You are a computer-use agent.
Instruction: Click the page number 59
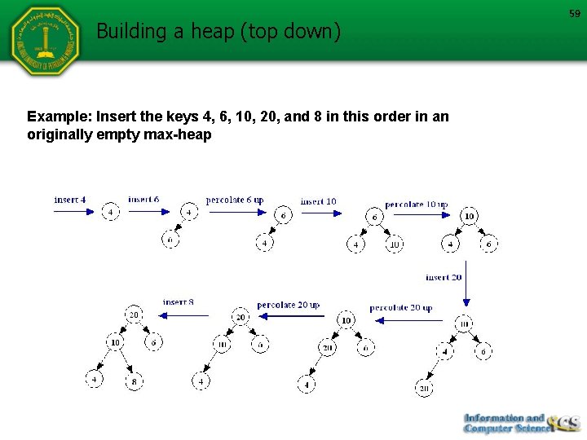pyautogui.click(x=573, y=13)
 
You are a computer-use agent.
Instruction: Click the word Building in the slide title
pyautogui.click(x=129, y=32)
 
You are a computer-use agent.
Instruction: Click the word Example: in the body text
pyautogui.click(x=58, y=117)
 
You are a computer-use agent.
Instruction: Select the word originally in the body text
pyautogui.click(x=60, y=134)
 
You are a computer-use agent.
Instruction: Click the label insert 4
pyautogui.click(x=70, y=200)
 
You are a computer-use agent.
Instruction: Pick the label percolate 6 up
pyautogui.click(x=235, y=200)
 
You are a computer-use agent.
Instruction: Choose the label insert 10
pyautogui.click(x=318, y=201)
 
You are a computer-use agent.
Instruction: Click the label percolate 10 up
pyautogui.click(x=416, y=204)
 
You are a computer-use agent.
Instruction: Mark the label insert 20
pyautogui.click(x=444, y=277)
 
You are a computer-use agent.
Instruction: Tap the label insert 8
pyautogui.click(x=179, y=302)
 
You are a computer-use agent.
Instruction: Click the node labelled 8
pyautogui.click(x=135, y=380)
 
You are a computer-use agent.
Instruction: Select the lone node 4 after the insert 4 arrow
pyautogui.click(x=111, y=213)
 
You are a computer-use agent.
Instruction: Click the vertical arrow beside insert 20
pyautogui.click(x=466, y=284)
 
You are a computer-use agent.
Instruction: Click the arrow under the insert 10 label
pyautogui.click(x=320, y=213)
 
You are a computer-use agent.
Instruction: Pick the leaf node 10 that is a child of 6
pyautogui.click(x=394, y=244)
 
